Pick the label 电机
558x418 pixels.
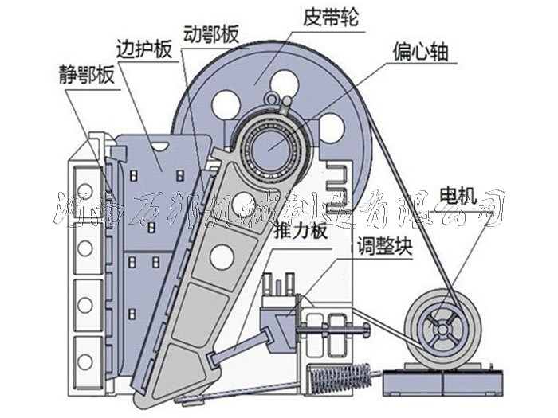click(457, 193)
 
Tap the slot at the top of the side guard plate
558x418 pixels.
click(162, 145)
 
